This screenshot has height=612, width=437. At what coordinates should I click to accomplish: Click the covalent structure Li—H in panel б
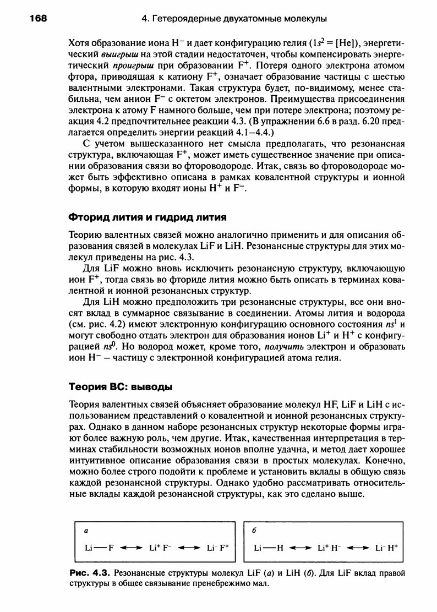pyautogui.click(x=268, y=549)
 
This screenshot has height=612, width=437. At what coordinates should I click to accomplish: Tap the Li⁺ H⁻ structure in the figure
pyautogui.click(x=329, y=549)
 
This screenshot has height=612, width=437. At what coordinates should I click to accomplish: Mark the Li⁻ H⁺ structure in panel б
pyautogui.click(x=387, y=549)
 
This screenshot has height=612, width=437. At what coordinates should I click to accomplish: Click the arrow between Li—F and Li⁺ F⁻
pyautogui.click(x=130, y=549)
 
